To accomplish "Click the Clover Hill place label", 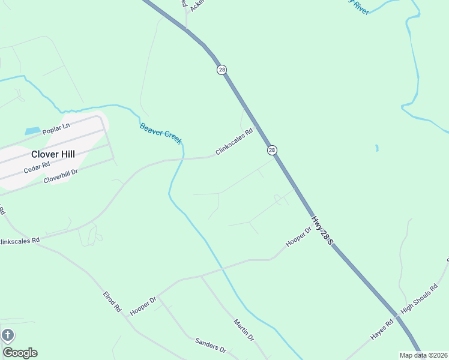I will (x=53, y=154).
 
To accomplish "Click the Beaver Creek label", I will (x=160, y=133).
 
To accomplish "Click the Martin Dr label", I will (x=244, y=330).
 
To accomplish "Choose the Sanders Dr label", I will (x=210, y=345).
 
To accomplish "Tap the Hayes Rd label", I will (x=381, y=330).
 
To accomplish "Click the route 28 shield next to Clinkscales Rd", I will (x=272, y=150).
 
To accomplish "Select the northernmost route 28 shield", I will (x=222, y=70).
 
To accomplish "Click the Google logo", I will (x=20, y=352).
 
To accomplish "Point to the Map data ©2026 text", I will (x=423, y=355).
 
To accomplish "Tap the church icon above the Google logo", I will (x=8, y=335).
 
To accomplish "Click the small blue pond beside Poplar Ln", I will (x=32, y=130).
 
